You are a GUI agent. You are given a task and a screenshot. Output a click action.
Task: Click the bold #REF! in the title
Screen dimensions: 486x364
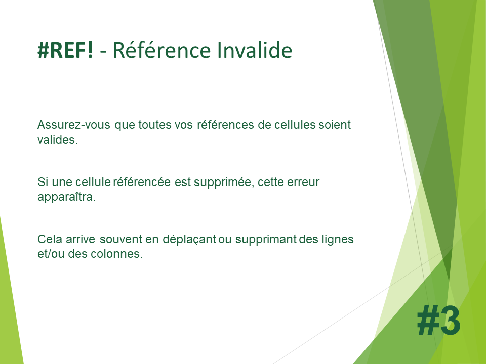(x=65, y=50)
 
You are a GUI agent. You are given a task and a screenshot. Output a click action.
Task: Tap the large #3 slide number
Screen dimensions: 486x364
(x=438, y=320)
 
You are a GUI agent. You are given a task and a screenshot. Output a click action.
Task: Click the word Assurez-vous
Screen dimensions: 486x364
(x=74, y=125)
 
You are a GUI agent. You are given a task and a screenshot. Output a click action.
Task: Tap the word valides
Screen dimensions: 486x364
(x=58, y=140)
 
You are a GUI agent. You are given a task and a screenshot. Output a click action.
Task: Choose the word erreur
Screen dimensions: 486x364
(x=303, y=183)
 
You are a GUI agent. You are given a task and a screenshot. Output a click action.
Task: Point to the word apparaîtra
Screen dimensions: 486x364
(x=67, y=197)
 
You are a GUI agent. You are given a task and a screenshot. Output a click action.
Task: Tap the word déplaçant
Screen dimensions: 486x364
(x=189, y=240)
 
